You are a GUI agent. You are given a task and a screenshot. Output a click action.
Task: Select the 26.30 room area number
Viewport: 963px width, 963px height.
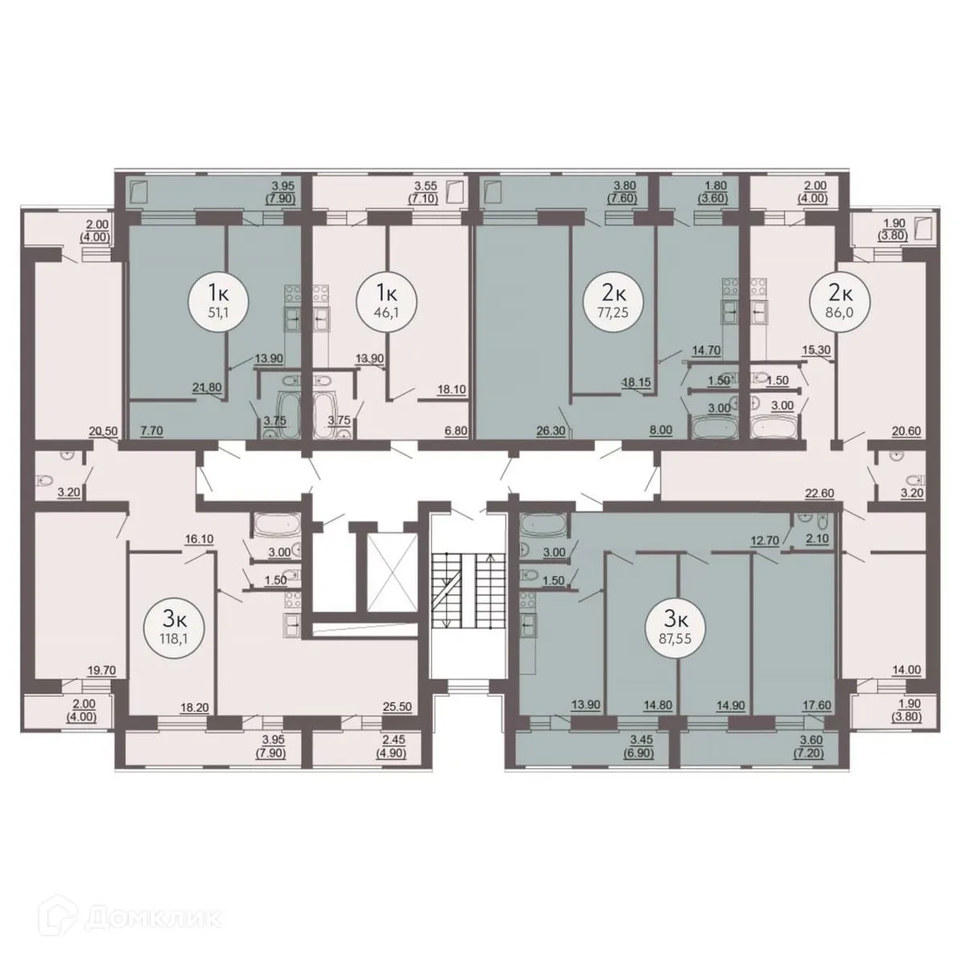pyautogui.click(x=551, y=430)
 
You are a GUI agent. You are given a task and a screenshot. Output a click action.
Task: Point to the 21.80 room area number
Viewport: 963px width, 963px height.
pyautogui.click(x=207, y=386)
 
